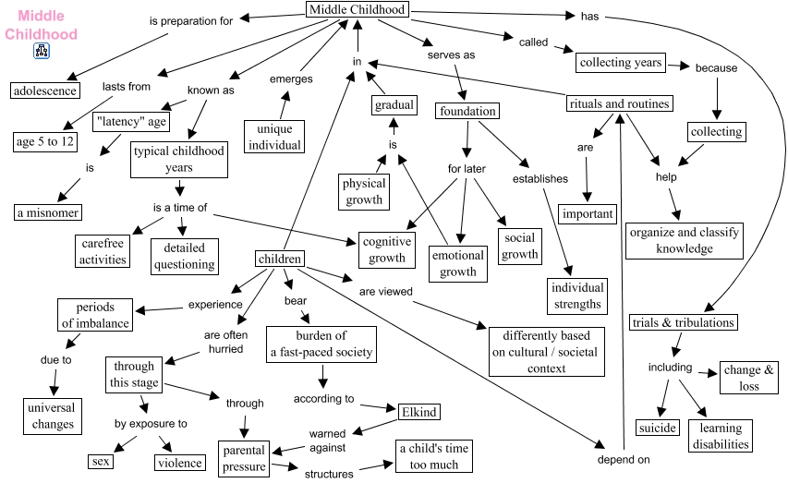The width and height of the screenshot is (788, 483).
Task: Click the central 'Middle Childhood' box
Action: [357, 10]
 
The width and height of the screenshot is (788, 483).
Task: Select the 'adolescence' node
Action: [45, 90]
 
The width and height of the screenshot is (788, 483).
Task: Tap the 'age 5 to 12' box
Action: [45, 141]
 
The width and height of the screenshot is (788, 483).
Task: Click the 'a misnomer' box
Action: [48, 211]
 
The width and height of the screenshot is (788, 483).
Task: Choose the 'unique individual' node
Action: [274, 137]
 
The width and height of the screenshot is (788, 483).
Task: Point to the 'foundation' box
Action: [467, 111]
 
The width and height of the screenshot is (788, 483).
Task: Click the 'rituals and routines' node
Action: [618, 103]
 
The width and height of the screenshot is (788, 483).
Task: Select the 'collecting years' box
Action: [621, 63]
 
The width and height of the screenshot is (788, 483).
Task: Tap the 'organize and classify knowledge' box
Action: [685, 240]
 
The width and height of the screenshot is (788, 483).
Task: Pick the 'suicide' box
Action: [657, 428]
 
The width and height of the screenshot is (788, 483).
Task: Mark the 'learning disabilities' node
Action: [720, 436]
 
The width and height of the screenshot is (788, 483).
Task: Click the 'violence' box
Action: [178, 461]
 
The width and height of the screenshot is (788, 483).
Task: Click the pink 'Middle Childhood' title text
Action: [41, 25]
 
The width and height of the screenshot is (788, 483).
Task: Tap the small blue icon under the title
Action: [41, 52]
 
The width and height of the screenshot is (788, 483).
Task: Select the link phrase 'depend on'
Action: [624, 459]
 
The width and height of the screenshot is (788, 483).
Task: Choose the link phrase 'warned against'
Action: [328, 440]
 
